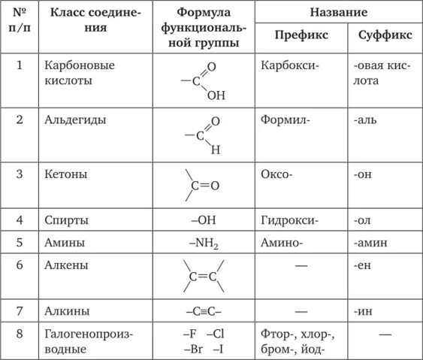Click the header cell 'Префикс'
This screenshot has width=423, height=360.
click(298, 35)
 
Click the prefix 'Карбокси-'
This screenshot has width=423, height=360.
click(290, 65)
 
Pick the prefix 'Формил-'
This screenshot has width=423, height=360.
click(286, 119)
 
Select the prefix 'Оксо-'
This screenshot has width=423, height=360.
click(277, 174)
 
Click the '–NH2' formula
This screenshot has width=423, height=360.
click(202, 244)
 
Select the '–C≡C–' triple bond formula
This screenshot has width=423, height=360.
click(203, 310)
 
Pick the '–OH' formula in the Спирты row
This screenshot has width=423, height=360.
click(203, 221)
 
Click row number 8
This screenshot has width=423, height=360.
click(20, 333)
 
